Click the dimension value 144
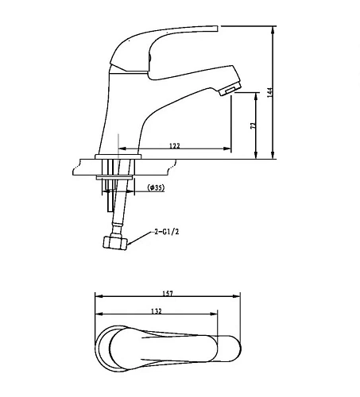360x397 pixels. click(270, 91)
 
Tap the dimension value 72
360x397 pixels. click(254, 125)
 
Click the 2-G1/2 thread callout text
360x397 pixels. click(168, 233)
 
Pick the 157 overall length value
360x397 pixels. click(166, 293)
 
